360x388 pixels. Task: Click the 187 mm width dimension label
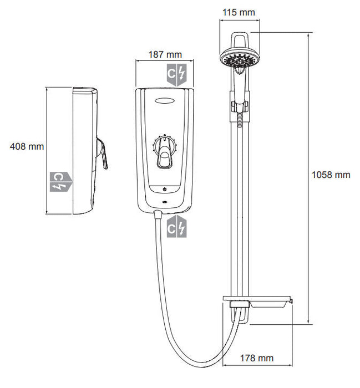(x=166, y=54)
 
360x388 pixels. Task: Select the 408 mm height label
(x=27, y=146)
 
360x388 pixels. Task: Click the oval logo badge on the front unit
(x=165, y=101)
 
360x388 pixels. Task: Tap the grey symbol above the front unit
(x=178, y=74)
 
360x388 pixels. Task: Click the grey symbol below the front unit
(x=178, y=227)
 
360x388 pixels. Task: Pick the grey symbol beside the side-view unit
(x=60, y=181)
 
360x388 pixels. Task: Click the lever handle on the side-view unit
(x=103, y=154)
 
